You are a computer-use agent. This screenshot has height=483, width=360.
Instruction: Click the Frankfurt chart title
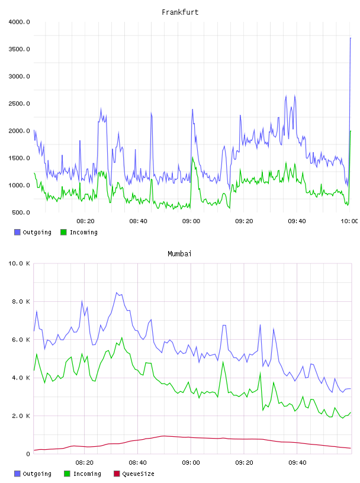tap(180, 12)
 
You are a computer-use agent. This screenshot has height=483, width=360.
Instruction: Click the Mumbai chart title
tap(179, 254)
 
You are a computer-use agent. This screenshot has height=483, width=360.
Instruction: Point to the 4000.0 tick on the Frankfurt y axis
tap(19, 22)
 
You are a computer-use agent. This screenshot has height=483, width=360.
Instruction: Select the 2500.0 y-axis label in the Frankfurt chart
tap(19, 104)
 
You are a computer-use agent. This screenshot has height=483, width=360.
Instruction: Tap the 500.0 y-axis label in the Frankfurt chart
tap(21, 212)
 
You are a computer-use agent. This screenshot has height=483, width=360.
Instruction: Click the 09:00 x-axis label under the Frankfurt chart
tap(191, 221)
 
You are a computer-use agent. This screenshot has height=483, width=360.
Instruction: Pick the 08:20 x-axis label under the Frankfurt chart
tap(85, 221)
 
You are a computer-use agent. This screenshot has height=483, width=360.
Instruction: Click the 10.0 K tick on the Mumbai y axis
tap(19, 263)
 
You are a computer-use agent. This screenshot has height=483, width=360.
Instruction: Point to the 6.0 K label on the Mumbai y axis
tap(21, 340)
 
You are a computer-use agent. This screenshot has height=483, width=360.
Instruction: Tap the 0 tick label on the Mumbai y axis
tap(28, 454)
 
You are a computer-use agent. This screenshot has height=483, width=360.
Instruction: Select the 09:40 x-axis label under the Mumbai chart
tap(297, 463)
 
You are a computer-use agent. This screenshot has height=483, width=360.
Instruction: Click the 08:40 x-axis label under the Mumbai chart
tap(138, 463)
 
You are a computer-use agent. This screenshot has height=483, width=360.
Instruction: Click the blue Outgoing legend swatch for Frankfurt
tap(17, 232)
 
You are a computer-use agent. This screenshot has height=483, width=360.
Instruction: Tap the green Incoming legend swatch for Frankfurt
tap(63, 232)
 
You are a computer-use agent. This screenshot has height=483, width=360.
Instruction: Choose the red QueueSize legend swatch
tap(117, 474)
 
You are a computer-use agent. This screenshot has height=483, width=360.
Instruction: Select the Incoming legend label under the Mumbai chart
tap(87, 474)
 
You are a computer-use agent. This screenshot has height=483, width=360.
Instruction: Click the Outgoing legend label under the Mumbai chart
tap(37, 474)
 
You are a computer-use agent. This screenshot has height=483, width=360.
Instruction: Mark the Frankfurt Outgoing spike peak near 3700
tap(351, 38)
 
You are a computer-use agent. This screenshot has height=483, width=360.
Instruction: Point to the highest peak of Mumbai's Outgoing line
tap(117, 292)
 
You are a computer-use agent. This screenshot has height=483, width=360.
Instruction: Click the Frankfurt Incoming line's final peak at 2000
tap(351, 131)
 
